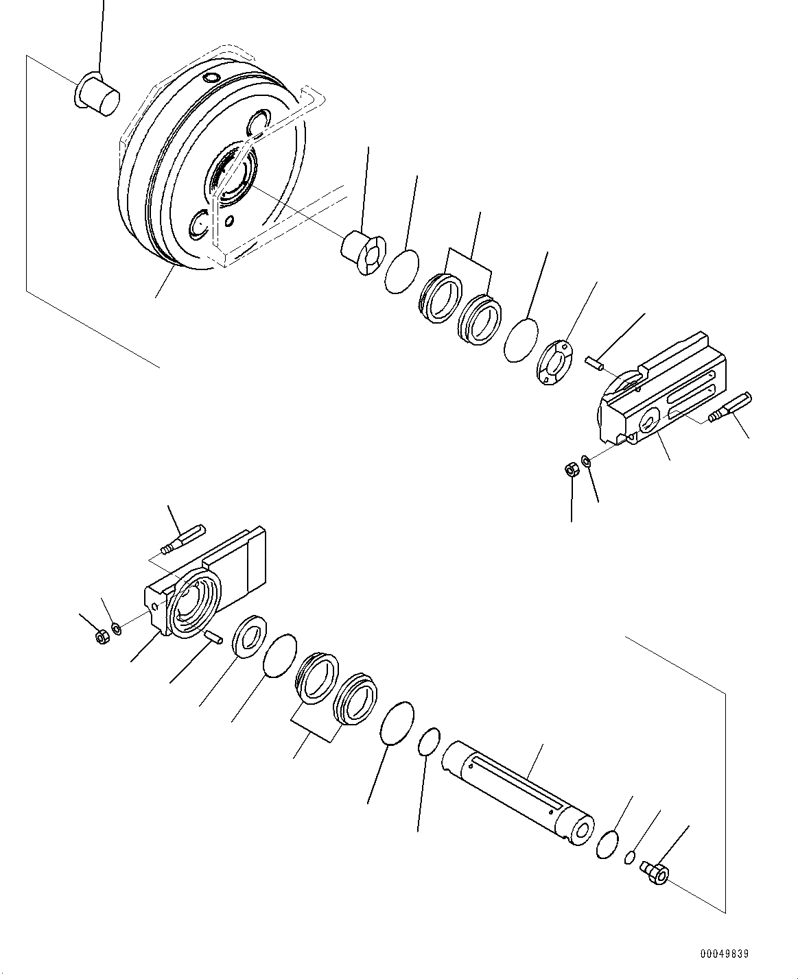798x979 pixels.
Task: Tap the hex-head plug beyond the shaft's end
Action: pos(656,872)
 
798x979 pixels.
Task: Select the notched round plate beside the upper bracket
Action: pos(556,363)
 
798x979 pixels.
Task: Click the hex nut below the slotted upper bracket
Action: pos(569,470)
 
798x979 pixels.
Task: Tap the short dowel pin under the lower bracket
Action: pos(212,636)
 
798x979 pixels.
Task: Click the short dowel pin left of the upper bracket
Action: pos(594,362)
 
